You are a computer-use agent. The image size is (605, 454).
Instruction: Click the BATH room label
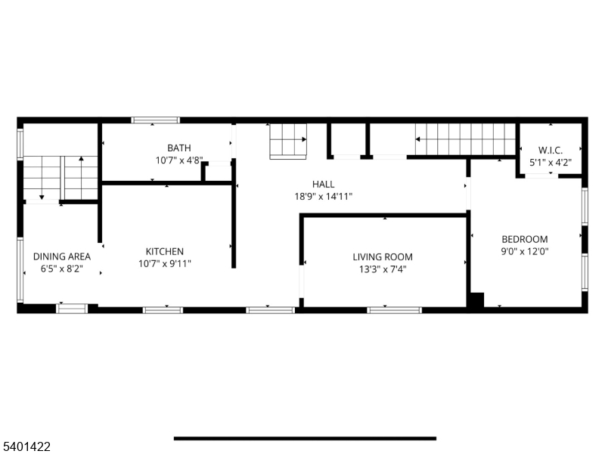coord(179,148)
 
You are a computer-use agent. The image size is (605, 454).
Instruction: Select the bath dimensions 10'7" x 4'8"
coord(179,160)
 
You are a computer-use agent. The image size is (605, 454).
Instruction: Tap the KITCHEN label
coord(165,252)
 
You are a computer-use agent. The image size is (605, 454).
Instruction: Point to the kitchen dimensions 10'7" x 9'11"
coord(165,264)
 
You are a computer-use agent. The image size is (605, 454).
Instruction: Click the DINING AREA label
coord(61,257)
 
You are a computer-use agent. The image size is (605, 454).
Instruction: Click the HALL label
coord(324,184)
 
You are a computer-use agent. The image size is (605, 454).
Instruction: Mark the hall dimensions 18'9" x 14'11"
coord(324,196)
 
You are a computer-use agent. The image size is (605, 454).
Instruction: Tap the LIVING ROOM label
coord(383,257)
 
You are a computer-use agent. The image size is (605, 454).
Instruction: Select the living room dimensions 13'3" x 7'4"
coord(383,269)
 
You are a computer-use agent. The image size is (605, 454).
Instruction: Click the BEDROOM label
coord(525,240)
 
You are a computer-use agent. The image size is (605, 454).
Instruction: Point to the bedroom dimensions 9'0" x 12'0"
coord(525,252)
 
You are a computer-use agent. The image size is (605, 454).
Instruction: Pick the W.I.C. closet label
coord(550,150)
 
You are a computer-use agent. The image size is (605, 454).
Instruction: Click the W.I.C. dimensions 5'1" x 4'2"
coord(550,162)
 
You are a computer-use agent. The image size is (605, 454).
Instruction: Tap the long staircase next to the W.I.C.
coord(464,139)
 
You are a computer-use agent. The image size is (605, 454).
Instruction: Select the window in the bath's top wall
coord(155,120)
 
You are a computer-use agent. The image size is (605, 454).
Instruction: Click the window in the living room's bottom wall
coord(394,309)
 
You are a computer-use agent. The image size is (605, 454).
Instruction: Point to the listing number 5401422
coord(26,447)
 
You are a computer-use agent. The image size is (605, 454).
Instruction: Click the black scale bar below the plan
coord(305,438)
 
